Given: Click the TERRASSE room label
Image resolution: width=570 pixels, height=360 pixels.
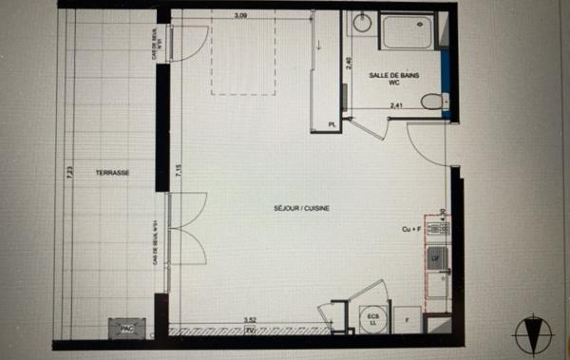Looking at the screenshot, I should (112, 173).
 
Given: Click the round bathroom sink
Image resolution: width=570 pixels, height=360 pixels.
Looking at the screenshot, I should (361, 23).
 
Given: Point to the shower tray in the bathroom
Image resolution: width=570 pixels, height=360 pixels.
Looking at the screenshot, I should (408, 32).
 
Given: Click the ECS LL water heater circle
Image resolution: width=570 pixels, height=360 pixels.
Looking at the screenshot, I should (370, 321).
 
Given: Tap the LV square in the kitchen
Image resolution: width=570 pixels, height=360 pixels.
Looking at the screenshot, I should (437, 256).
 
